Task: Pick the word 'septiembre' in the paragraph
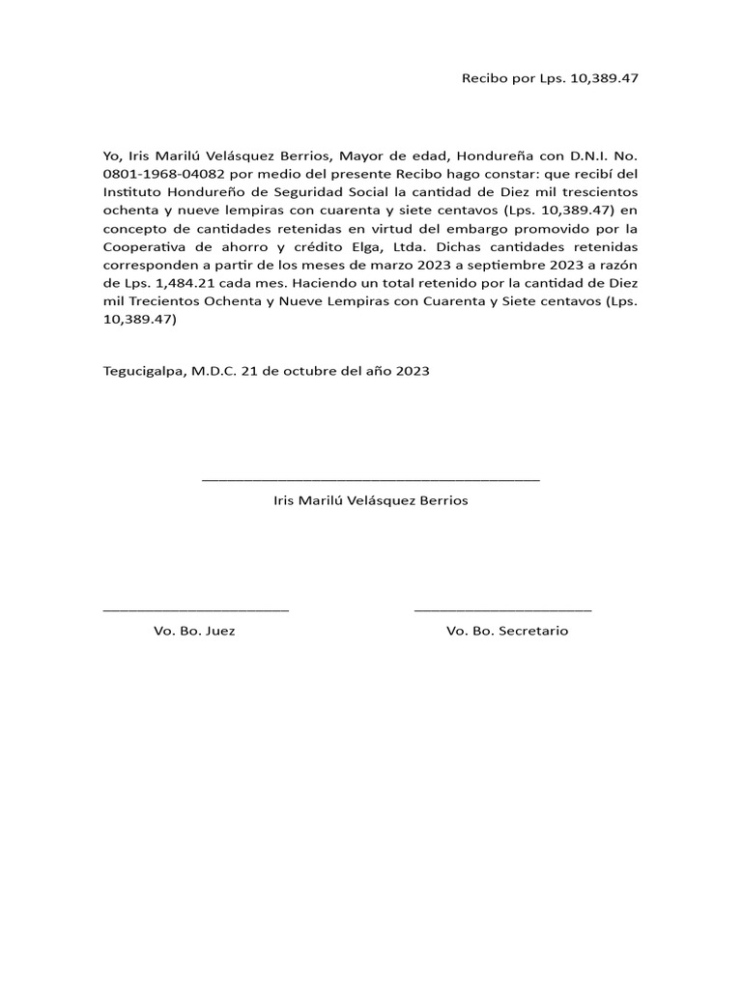point(494,264)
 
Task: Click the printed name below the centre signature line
point(371,500)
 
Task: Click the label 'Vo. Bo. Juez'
point(194,631)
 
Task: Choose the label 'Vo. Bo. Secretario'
point(507,631)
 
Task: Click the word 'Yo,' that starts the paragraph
point(113,155)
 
